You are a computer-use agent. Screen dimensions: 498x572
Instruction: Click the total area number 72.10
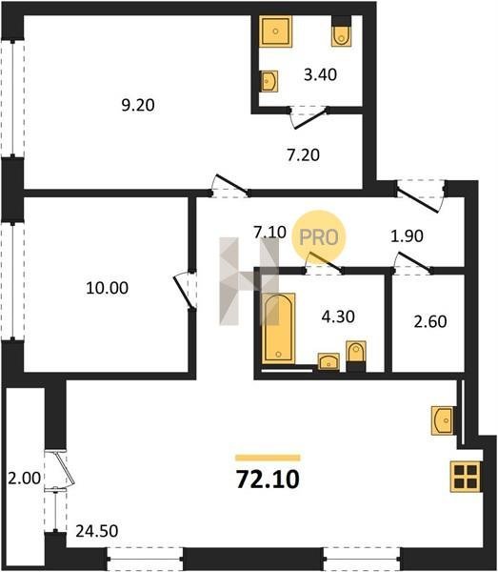[x=268, y=480]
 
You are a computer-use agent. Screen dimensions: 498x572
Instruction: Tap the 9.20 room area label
[x=138, y=106]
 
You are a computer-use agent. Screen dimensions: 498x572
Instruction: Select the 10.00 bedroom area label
[x=107, y=288]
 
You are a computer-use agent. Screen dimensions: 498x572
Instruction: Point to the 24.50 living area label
[x=97, y=531]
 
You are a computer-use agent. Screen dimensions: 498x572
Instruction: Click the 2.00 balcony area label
[x=25, y=479]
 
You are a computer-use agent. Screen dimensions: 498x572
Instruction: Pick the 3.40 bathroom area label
[x=321, y=74]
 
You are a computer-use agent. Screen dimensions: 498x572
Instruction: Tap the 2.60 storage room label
[x=430, y=322]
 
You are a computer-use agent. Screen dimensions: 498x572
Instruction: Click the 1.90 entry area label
[x=407, y=236]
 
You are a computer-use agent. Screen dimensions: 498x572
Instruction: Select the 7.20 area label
[x=303, y=155]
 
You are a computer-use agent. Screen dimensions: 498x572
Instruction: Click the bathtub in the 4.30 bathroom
[x=279, y=328]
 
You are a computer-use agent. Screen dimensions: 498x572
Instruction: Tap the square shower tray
[x=275, y=31]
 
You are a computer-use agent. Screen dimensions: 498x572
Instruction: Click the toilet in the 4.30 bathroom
[x=355, y=356]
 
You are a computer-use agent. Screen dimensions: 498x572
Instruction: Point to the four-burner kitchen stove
[x=466, y=477]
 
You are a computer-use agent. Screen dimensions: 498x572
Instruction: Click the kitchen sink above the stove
[x=443, y=420]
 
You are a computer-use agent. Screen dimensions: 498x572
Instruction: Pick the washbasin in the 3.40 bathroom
[x=269, y=81]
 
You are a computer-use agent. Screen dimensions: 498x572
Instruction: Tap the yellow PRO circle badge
[x=319, y=237]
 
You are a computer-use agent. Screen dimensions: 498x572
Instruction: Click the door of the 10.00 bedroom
[x=184, y=291]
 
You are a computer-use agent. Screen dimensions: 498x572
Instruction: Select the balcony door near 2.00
[x=60, y=469]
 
